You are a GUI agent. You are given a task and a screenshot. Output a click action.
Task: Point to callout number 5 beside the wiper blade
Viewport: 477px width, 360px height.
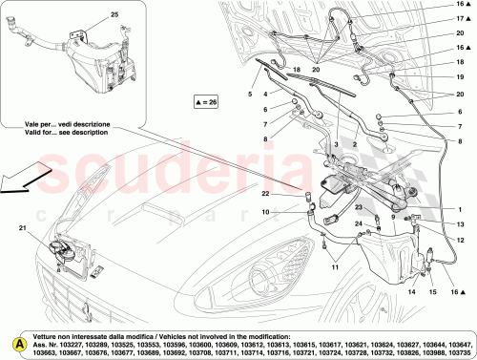(250, 94)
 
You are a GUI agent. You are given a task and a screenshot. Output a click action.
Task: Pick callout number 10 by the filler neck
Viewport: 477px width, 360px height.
(268, 211)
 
